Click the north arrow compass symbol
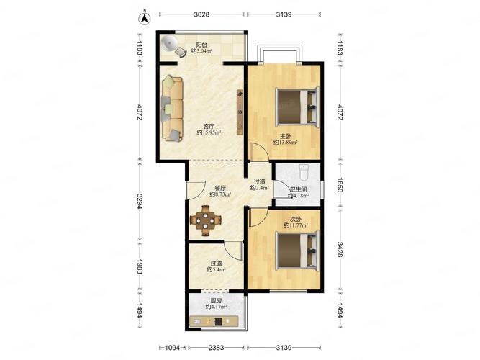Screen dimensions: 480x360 [x=145, y=19]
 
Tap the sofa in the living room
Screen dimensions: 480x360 [x=172, y=109]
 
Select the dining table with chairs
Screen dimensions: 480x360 [x=205, y=220]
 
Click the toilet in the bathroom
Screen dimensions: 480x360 [x=304, y=173]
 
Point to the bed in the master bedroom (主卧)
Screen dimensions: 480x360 [x=297, y=107]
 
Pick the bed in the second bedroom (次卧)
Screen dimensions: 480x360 [x=297, y=250]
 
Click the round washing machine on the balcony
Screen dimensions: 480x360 [x=170, y=43]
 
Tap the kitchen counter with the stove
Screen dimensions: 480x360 [x=214, y=321]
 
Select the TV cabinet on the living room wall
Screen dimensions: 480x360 [x=240, y=112]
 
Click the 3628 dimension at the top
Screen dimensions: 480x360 [x=201, y=14]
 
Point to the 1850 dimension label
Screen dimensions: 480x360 [x=340, y=184]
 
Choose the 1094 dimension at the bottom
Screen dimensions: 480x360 [x=172, y=348]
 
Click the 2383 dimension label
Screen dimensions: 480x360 [x=216, y=348]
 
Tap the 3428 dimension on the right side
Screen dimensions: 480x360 [x=340, y=249]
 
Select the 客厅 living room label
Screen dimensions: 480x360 [x=209, y=126]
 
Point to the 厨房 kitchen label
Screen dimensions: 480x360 [x=216, y=301]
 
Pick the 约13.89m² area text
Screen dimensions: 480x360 [x=285, y=143]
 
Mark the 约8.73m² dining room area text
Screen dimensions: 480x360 [x=220, y=194]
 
